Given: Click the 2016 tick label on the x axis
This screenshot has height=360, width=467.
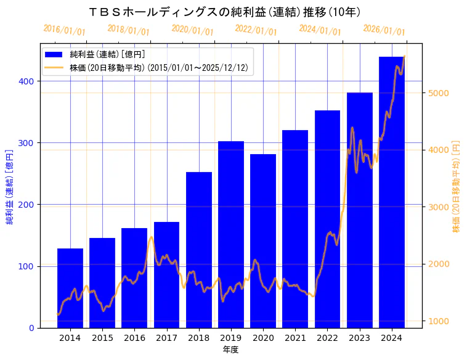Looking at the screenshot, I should tap(134, 338).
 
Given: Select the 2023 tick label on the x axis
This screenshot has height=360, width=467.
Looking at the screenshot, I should tap(360, 338).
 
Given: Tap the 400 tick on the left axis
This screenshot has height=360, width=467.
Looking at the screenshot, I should tap(28, 81).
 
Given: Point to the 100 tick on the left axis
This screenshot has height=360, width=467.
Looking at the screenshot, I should tap(28, 266).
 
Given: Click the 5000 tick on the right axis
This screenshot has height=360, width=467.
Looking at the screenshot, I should tap(439, 93).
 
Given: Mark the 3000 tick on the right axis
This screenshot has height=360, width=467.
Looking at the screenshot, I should tap(439, 207).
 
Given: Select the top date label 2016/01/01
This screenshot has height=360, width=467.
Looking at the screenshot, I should tap(65, 30).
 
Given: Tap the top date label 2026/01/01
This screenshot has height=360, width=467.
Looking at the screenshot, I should tap(384, 30).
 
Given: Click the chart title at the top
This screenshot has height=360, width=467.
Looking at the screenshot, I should tap(224, 12).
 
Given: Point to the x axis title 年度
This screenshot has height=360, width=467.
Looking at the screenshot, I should tap(230, 350).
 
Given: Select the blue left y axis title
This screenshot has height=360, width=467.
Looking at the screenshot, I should tap(10, 186).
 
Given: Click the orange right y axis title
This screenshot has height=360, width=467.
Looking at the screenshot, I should tap(457, 186).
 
